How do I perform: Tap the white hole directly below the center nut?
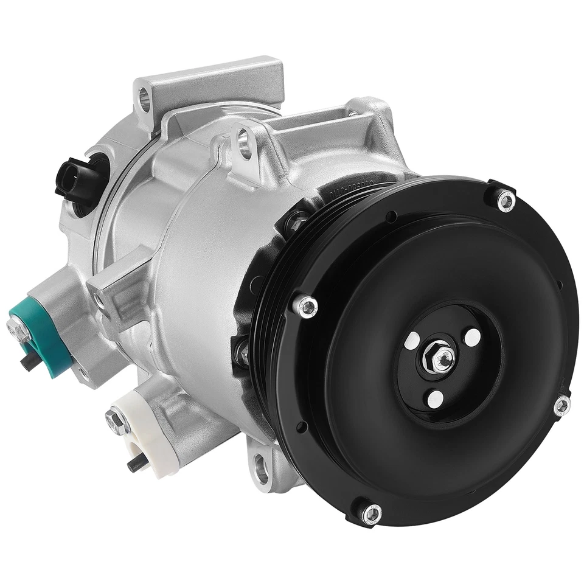click(436, 398)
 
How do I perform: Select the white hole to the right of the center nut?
click(472, 336)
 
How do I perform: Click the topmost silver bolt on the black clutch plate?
click(505, 199)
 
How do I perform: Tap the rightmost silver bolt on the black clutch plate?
click(561, 406)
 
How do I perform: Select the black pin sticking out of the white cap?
click(136, 465)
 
